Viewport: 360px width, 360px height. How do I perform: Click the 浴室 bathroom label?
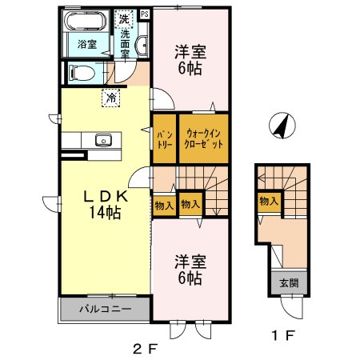tap(87, 45)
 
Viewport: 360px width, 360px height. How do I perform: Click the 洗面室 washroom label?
tap(126, 40)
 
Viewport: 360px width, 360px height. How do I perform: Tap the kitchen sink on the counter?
tap(102, 141)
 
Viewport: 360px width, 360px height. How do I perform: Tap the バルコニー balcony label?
tap(104, 308)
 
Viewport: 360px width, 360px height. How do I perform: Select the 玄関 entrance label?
tap(288, 282)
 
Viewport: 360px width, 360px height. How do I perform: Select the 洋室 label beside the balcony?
tap(190, 270)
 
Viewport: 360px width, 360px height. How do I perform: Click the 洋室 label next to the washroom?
tap(190, 60)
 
